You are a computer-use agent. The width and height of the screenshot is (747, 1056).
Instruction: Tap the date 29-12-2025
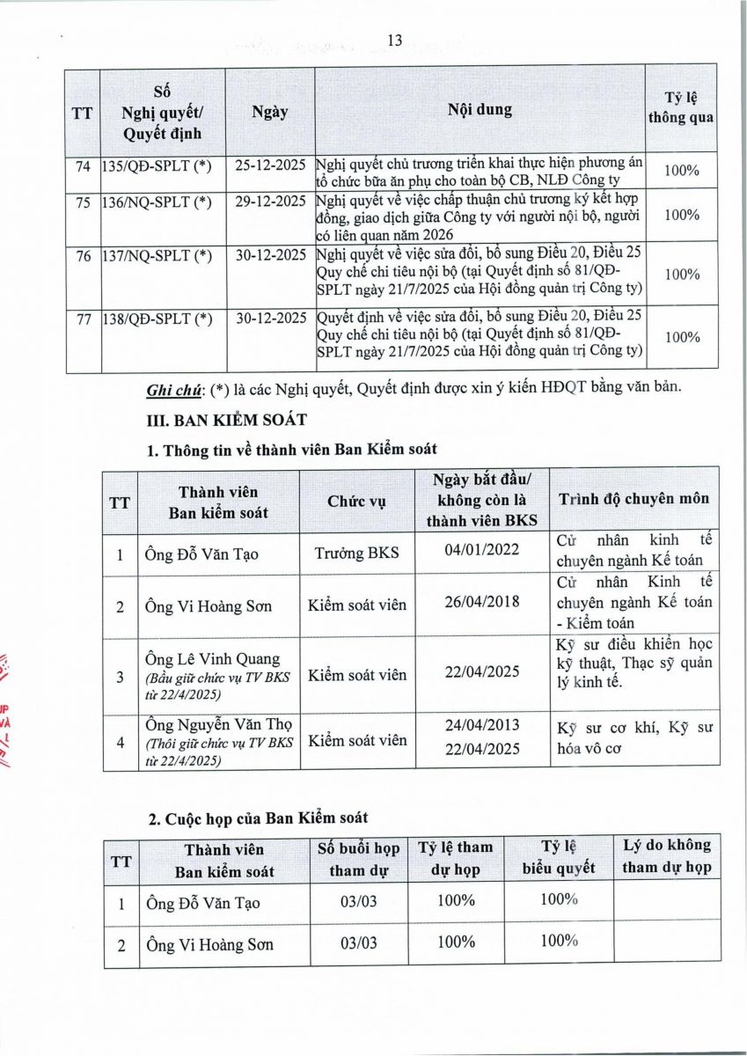271,202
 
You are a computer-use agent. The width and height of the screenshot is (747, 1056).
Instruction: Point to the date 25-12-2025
271,164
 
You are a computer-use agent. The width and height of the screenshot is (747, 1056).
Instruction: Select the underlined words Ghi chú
171,390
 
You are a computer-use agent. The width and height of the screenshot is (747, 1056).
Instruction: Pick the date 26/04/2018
483,602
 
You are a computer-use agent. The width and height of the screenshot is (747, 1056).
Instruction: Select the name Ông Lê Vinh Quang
211,659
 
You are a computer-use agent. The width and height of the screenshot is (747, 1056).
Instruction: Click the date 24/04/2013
483,725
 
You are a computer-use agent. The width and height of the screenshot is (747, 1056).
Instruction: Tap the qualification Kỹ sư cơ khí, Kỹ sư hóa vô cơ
634,739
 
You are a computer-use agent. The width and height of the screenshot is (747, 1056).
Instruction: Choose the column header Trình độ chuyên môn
633,499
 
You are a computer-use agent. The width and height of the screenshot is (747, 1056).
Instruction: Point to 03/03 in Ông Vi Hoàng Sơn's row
358,943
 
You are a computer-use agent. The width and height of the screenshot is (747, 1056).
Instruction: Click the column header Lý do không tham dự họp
666,856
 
